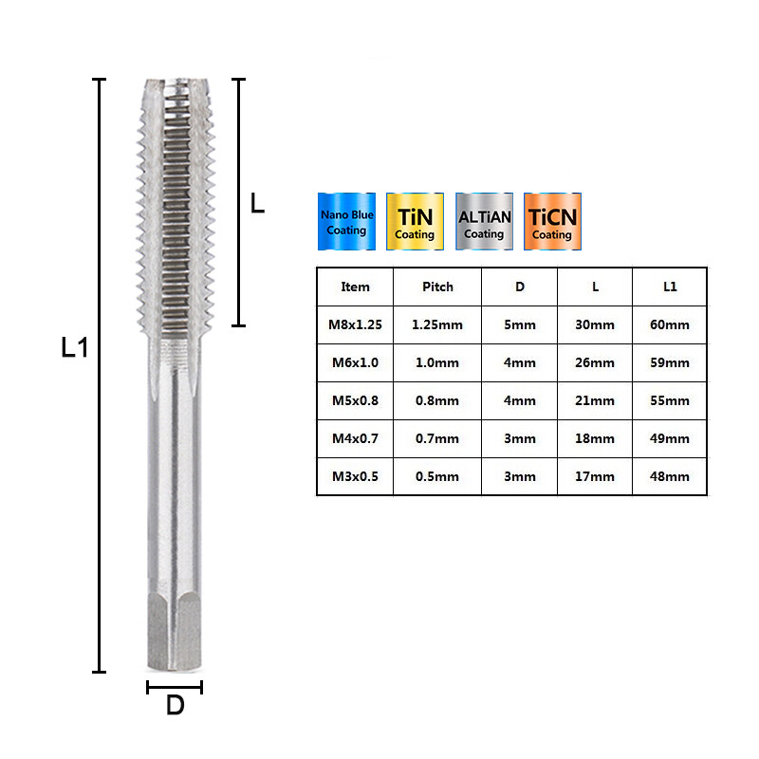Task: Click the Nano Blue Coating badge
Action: (x=346, y=222)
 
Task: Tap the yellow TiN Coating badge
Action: (x=415, y=222)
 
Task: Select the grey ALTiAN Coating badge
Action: (x=484, y=222)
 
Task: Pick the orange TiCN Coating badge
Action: (x=551, y=222)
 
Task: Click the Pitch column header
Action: (x=437, y=287)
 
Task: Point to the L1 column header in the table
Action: (x=670, y=287)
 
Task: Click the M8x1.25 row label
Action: (x=355, y=324)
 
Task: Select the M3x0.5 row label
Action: (x=355, y=476)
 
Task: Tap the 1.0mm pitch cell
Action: (x=437, y=362)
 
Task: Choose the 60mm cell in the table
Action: (x=670, y=324)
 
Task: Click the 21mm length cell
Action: (x=595, y=400)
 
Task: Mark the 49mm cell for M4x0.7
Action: (x=670, y=438)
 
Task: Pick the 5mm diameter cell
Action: (x=519, y=324)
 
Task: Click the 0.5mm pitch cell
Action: (x=437, y=476)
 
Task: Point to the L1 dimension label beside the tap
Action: (x=74, y=347)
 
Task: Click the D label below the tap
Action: (x=175, y=706)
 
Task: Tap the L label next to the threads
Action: (x=257, y=203)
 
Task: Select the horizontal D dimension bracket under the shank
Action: (x=175, y=686)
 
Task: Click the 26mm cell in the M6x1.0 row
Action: (x=595, y=362)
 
